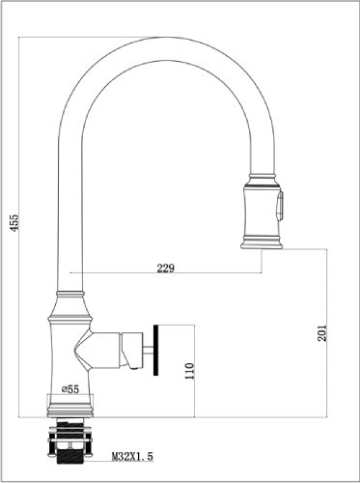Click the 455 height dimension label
(14, 222)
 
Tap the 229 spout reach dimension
(165, 268)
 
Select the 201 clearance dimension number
(322, 333)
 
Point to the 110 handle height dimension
(190, 371)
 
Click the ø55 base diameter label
(70, 389)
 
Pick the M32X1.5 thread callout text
(132, 456)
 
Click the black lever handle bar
(156, 350)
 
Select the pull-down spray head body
(262, 212)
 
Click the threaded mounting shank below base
(70, 440)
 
